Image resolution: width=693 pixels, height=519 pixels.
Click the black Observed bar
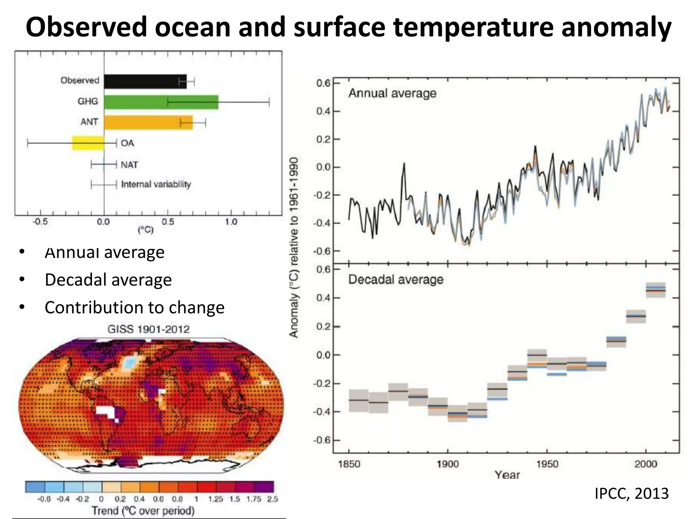pos(145,81)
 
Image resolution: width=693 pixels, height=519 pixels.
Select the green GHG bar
pos(161,102)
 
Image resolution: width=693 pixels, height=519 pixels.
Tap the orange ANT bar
pos(148,122)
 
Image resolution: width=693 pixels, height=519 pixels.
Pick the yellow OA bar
pos(88,143)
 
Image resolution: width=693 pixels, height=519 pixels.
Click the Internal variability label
pos(156,184)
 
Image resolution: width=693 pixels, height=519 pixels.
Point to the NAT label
pos(129,165)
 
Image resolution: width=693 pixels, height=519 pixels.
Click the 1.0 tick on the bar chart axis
pos(231,222)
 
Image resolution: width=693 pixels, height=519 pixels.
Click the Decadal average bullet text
pos(108,280)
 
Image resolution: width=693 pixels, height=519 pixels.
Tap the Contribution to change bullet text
pos(134,307)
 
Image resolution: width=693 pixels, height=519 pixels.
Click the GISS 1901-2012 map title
pos(148,329)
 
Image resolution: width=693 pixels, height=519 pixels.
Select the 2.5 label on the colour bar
pos(272,499)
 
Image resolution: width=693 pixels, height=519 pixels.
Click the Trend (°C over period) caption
pos(143,511)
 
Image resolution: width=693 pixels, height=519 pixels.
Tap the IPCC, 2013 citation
pos(631,493)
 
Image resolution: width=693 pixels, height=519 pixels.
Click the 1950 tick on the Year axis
pos(547,464)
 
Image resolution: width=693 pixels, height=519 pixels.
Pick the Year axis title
pos(507,475)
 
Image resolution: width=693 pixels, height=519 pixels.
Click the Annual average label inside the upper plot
pos(392,93)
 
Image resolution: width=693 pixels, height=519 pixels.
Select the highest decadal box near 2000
pos(656,290)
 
